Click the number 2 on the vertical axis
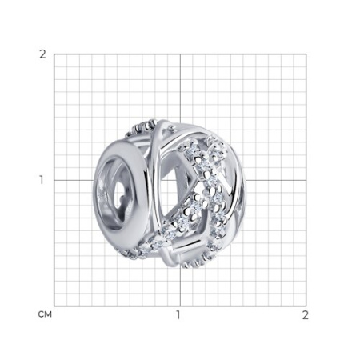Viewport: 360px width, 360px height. [42, 54]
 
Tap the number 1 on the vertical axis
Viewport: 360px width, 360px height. [42, 180]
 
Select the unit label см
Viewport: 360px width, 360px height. [45, 314]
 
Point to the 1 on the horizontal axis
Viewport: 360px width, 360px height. [178, 315]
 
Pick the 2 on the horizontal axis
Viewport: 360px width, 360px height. [306, 315]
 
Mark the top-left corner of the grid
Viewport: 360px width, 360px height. [54, 54]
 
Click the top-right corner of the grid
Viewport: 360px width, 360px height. [306, 54]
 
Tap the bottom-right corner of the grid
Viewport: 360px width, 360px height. [306, 306]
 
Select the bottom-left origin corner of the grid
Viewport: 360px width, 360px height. [54, 306]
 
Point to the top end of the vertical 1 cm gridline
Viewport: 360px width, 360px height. [180, 54]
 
